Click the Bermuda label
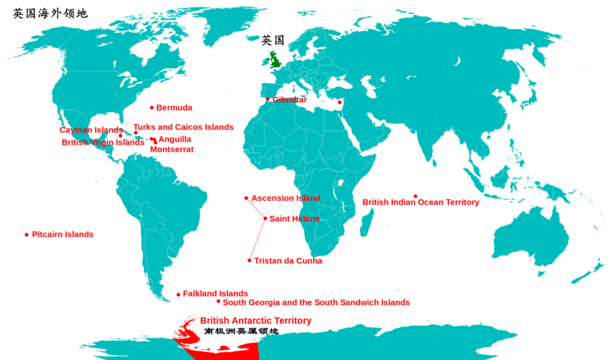[x=174, y=108]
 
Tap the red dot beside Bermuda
[x=152, y=107]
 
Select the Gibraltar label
[x=289, y=100]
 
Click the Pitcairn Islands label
[x=63, y=235]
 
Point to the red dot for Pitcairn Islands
[x=27, y=235]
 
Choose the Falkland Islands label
[x=215, y=294]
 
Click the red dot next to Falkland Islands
[x=178, y=294]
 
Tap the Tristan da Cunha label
[x=288, y=261]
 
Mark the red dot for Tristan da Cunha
[x=250, y=261]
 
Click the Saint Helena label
[x=294, y=219]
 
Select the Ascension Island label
[x=286, y=198]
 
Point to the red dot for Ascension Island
[x=246, y=198]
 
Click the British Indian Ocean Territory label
[x=420, y=202]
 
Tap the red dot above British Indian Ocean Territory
[x=415, y=196]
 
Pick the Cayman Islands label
[x=91, y=130]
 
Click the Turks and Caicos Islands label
[x=184, y=127]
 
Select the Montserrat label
[x=172, y=150]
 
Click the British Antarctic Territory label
[x=255, y=320]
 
